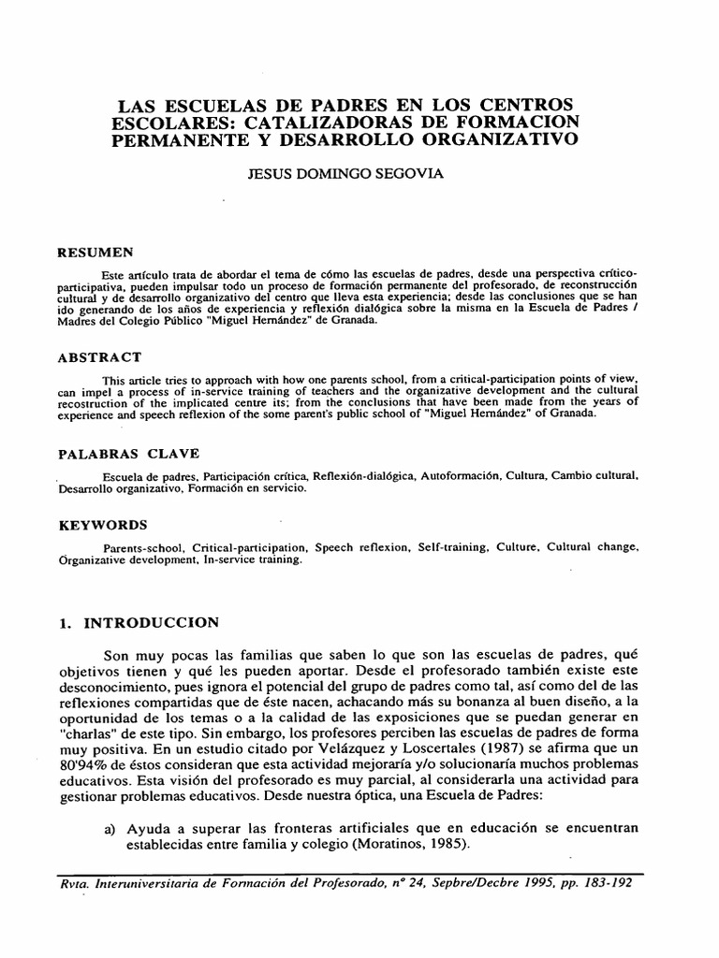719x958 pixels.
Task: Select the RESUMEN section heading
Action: point(96,252)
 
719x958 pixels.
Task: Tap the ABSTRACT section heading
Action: point(100,356)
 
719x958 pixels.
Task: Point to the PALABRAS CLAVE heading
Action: point(128,454)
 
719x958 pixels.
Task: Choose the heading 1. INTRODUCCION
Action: point(139,621)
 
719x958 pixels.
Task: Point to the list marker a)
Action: point(111,831)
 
